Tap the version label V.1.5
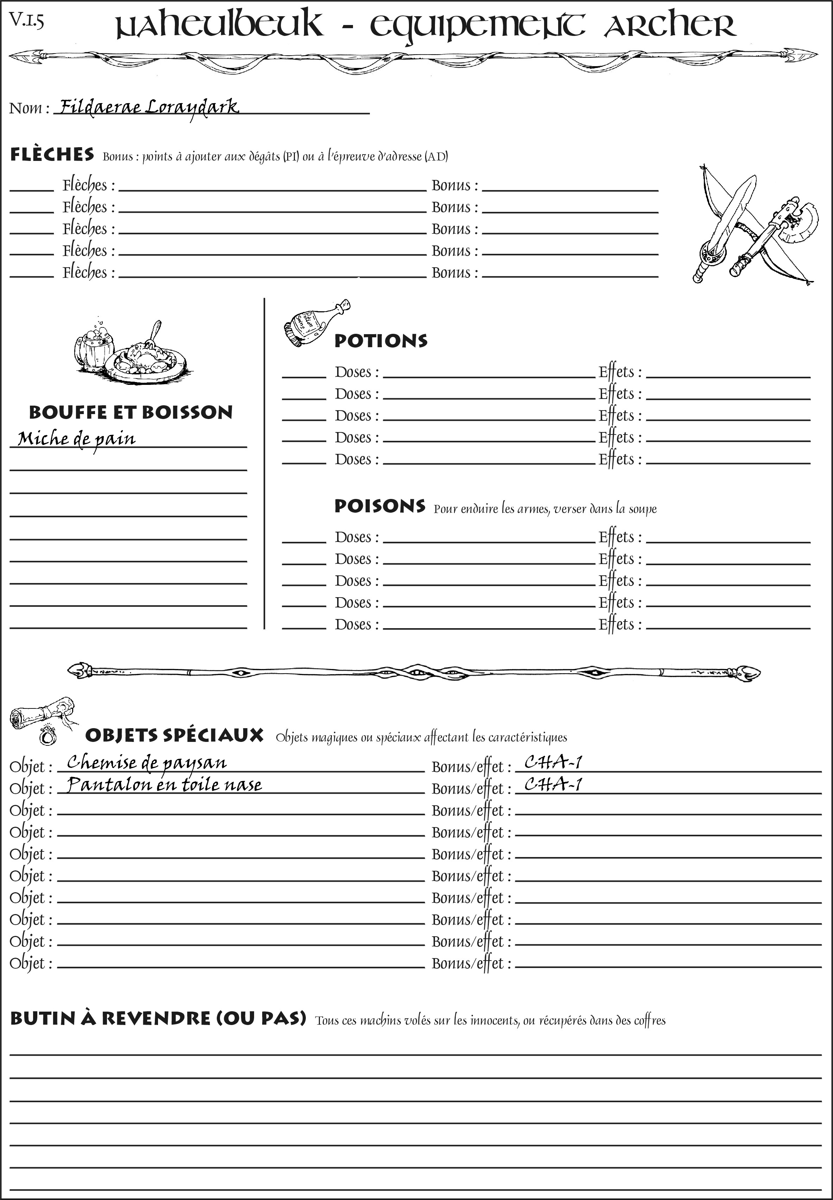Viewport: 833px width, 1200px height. [26, 21]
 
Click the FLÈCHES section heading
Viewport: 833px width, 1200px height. [52, 155]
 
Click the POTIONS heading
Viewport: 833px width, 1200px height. [380, 341]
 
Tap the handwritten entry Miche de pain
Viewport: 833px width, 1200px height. [77, 439]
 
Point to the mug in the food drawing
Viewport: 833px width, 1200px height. [94, 347]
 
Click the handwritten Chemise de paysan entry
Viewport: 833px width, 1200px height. [147, 763]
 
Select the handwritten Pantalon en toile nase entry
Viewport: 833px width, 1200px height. [164, 785]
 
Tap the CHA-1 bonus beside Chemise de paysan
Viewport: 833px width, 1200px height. [553, 763]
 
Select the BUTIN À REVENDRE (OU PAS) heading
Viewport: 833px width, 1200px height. [158, 1019]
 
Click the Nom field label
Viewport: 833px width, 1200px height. [29, 108]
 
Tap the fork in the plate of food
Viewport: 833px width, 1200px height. [154, 333]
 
